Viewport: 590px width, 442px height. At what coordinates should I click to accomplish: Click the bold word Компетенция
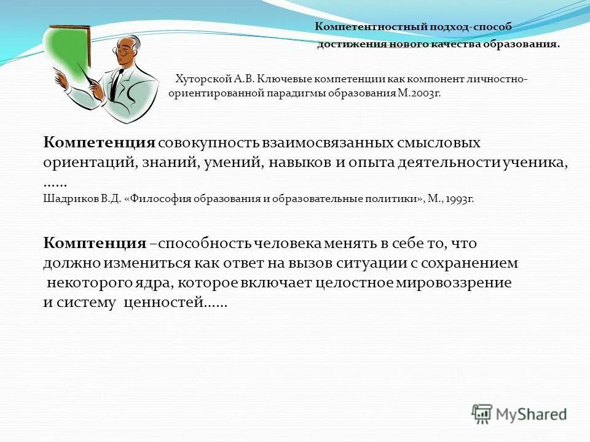pyautogui.click(x=99, y=142)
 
